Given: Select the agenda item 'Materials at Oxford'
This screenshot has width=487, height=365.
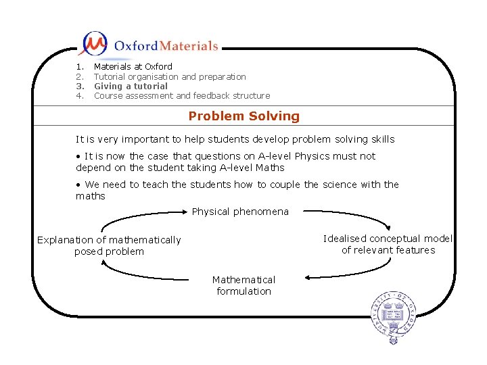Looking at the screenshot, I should point(133,66).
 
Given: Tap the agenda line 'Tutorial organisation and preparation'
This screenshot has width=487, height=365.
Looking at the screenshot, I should point(169,76).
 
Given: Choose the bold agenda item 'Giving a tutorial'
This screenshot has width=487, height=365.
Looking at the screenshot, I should point(131,86).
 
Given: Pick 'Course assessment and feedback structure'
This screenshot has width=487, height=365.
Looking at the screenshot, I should point(181,95).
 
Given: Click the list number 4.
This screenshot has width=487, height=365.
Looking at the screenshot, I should point(79,95).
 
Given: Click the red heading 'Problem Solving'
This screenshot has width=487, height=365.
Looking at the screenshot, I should point(243,116).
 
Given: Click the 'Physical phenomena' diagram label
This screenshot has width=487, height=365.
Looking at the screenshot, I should point(240,212).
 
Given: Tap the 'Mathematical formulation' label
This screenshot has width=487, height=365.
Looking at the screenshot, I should point(243,285).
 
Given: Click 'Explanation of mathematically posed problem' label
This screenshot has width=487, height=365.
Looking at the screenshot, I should point(109,245).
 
